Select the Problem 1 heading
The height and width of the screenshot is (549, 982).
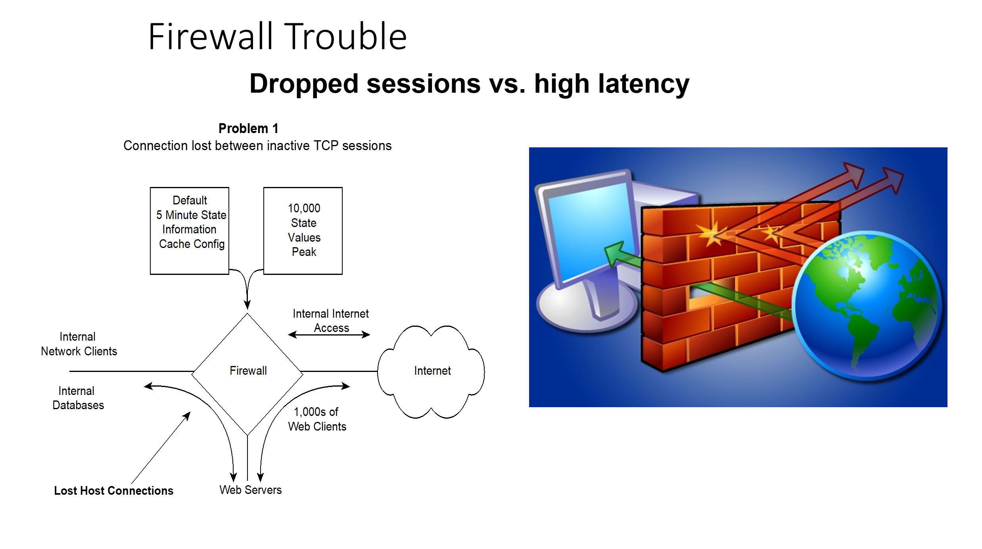click(x=248, y=128)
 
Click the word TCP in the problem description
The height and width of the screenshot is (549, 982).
click(x=326, y=146)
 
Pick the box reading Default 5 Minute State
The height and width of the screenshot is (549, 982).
click(x=190, y=231)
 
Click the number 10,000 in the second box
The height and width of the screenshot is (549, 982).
click(x=304, y=208)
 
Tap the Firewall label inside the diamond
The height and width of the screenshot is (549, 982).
click(x=248, y=371)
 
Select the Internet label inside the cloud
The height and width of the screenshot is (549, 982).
click(x=432, y=371)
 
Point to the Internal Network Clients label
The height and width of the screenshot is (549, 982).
click(x=79, y=344)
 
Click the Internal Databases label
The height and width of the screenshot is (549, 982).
click(x=78, y=398)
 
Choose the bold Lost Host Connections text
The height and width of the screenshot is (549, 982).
click(x=113, y=490)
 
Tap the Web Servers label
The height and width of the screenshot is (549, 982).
click(x=250, y=490)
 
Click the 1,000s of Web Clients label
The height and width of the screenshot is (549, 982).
click(x=317, y=419)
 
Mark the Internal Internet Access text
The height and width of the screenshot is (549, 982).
click(x=330, y=320)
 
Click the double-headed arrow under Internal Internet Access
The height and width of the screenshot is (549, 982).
click(x=329, y=335)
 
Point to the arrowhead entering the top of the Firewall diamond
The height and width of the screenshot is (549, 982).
click(x=247, y=304)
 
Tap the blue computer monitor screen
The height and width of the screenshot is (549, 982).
click(x=587, y=230)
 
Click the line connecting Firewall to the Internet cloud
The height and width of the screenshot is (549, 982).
click(x=339, y=372)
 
